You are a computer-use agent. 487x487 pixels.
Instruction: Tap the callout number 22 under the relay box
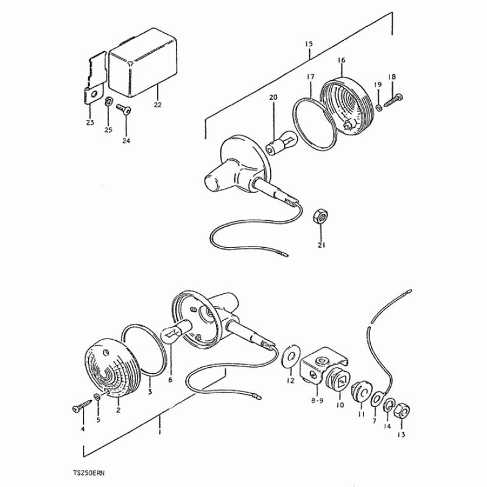click(158, 105)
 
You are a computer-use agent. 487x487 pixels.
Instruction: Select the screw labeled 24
click(124, 109)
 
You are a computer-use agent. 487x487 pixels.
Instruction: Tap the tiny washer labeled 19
click(379, 108)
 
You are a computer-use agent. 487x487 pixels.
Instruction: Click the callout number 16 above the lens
click(342, 60)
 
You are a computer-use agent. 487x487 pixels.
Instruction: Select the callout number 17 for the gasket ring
click(310, 77)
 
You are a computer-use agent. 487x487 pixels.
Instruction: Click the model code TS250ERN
click(89, 474)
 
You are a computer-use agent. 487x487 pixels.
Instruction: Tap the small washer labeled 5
click(97, 397)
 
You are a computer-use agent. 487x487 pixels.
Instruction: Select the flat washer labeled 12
click(291, 356)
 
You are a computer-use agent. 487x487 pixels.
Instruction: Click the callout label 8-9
click(317, 401)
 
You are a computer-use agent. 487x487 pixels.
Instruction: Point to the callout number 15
click(309, 44)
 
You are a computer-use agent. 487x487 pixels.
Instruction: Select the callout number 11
click(361, 414)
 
